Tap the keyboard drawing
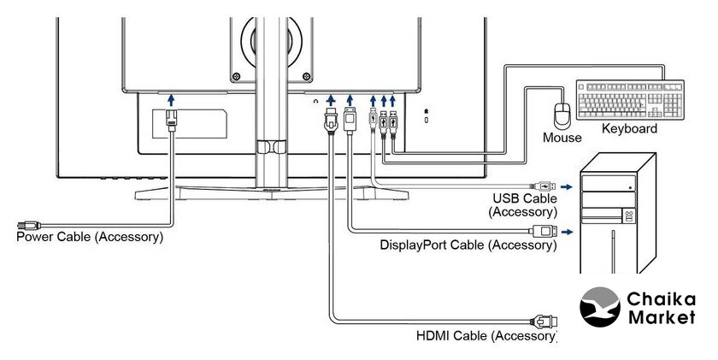[630, 100]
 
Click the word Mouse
[562, 138]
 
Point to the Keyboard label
[630, 129]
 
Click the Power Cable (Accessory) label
[90, 237]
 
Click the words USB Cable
[522, 198]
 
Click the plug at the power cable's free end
[27, 225]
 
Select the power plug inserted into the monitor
[172, 120]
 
